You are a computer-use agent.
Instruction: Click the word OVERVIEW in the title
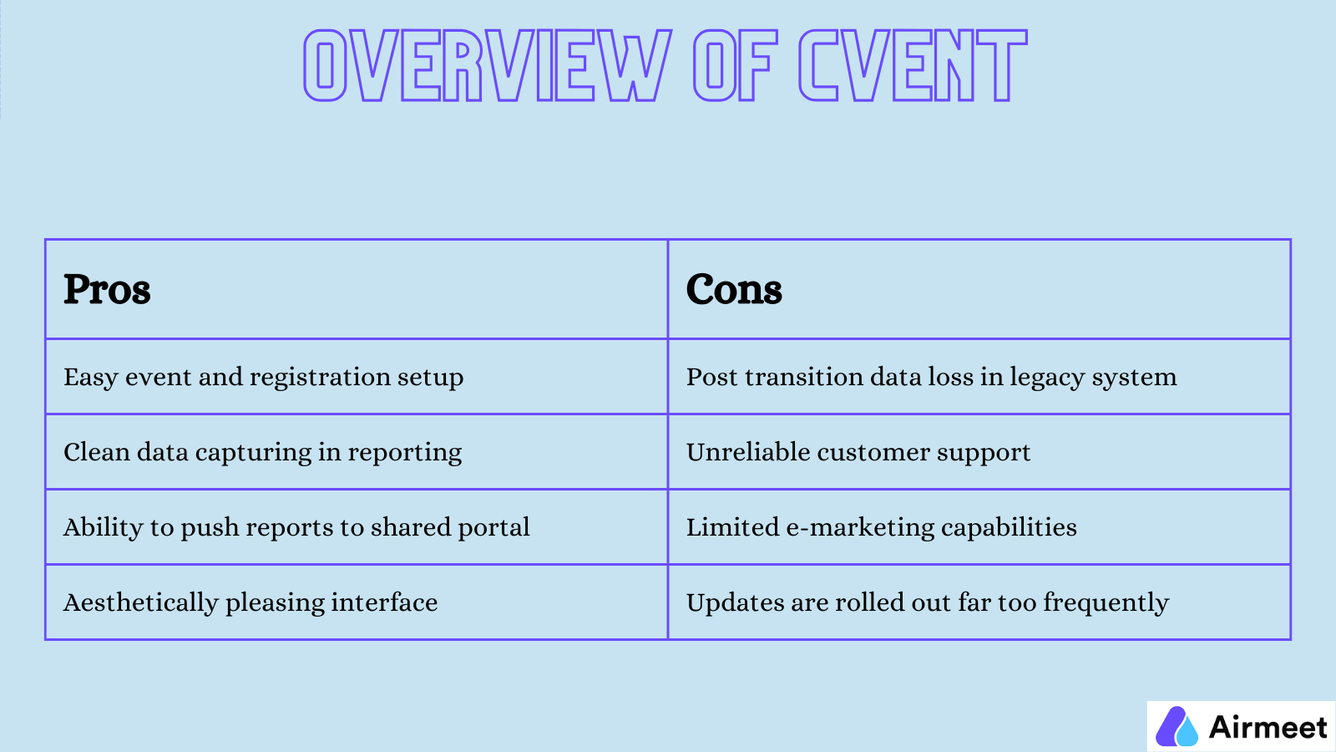487,65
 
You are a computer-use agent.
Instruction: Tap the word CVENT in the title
912,65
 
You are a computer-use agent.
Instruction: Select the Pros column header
107,290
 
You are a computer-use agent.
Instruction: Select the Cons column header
734,290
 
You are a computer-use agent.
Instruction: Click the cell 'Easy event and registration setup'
264,377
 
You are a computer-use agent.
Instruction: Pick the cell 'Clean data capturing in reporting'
263,452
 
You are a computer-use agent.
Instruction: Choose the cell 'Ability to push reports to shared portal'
296,527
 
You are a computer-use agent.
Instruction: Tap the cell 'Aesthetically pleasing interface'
250,602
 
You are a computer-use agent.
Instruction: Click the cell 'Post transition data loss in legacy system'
931,377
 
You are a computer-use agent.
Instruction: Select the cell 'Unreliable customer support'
858,452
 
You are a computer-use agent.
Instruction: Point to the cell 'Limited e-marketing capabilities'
882,527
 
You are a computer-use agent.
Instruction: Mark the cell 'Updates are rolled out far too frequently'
927,602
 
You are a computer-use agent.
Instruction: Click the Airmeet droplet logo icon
1177,726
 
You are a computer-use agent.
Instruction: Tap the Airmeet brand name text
1268,727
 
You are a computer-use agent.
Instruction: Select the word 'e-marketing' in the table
860,528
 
